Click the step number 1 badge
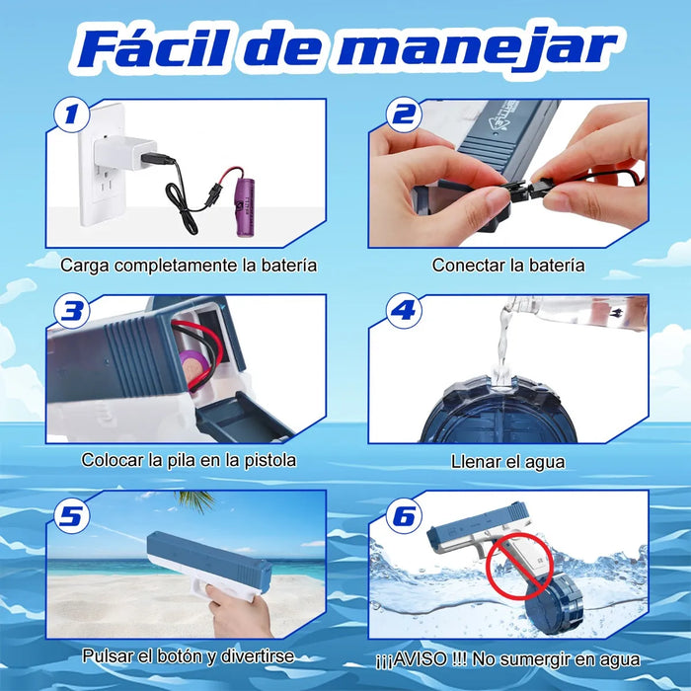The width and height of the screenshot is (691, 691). (x=71, y=115)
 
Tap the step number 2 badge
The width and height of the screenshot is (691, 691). (x=404, y=115)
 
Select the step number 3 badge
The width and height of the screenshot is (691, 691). (x=71, y=311)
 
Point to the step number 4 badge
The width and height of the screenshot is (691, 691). (x=404, y=311)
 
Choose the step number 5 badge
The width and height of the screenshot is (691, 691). (x=71, y=515)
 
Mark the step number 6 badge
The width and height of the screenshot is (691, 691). (x=404, y=515)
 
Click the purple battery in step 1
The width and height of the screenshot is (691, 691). (x=247, y=207)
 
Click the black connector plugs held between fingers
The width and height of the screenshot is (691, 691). (x=524, y=191)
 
